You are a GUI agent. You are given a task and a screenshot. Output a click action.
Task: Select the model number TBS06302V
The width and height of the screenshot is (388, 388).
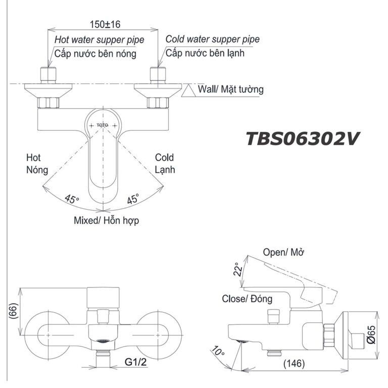(302, 138)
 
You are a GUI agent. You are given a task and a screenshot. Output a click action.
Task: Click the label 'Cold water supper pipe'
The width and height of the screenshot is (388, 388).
(213, 39)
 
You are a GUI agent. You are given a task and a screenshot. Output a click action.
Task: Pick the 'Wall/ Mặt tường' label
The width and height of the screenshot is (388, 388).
(230, 89)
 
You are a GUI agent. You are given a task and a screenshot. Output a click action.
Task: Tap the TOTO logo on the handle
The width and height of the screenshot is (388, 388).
(103, 124)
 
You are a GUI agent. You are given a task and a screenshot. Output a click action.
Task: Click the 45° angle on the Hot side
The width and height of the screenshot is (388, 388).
(72, 199)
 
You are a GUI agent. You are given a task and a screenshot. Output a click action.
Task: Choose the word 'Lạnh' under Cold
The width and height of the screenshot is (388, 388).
(165, 170)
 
